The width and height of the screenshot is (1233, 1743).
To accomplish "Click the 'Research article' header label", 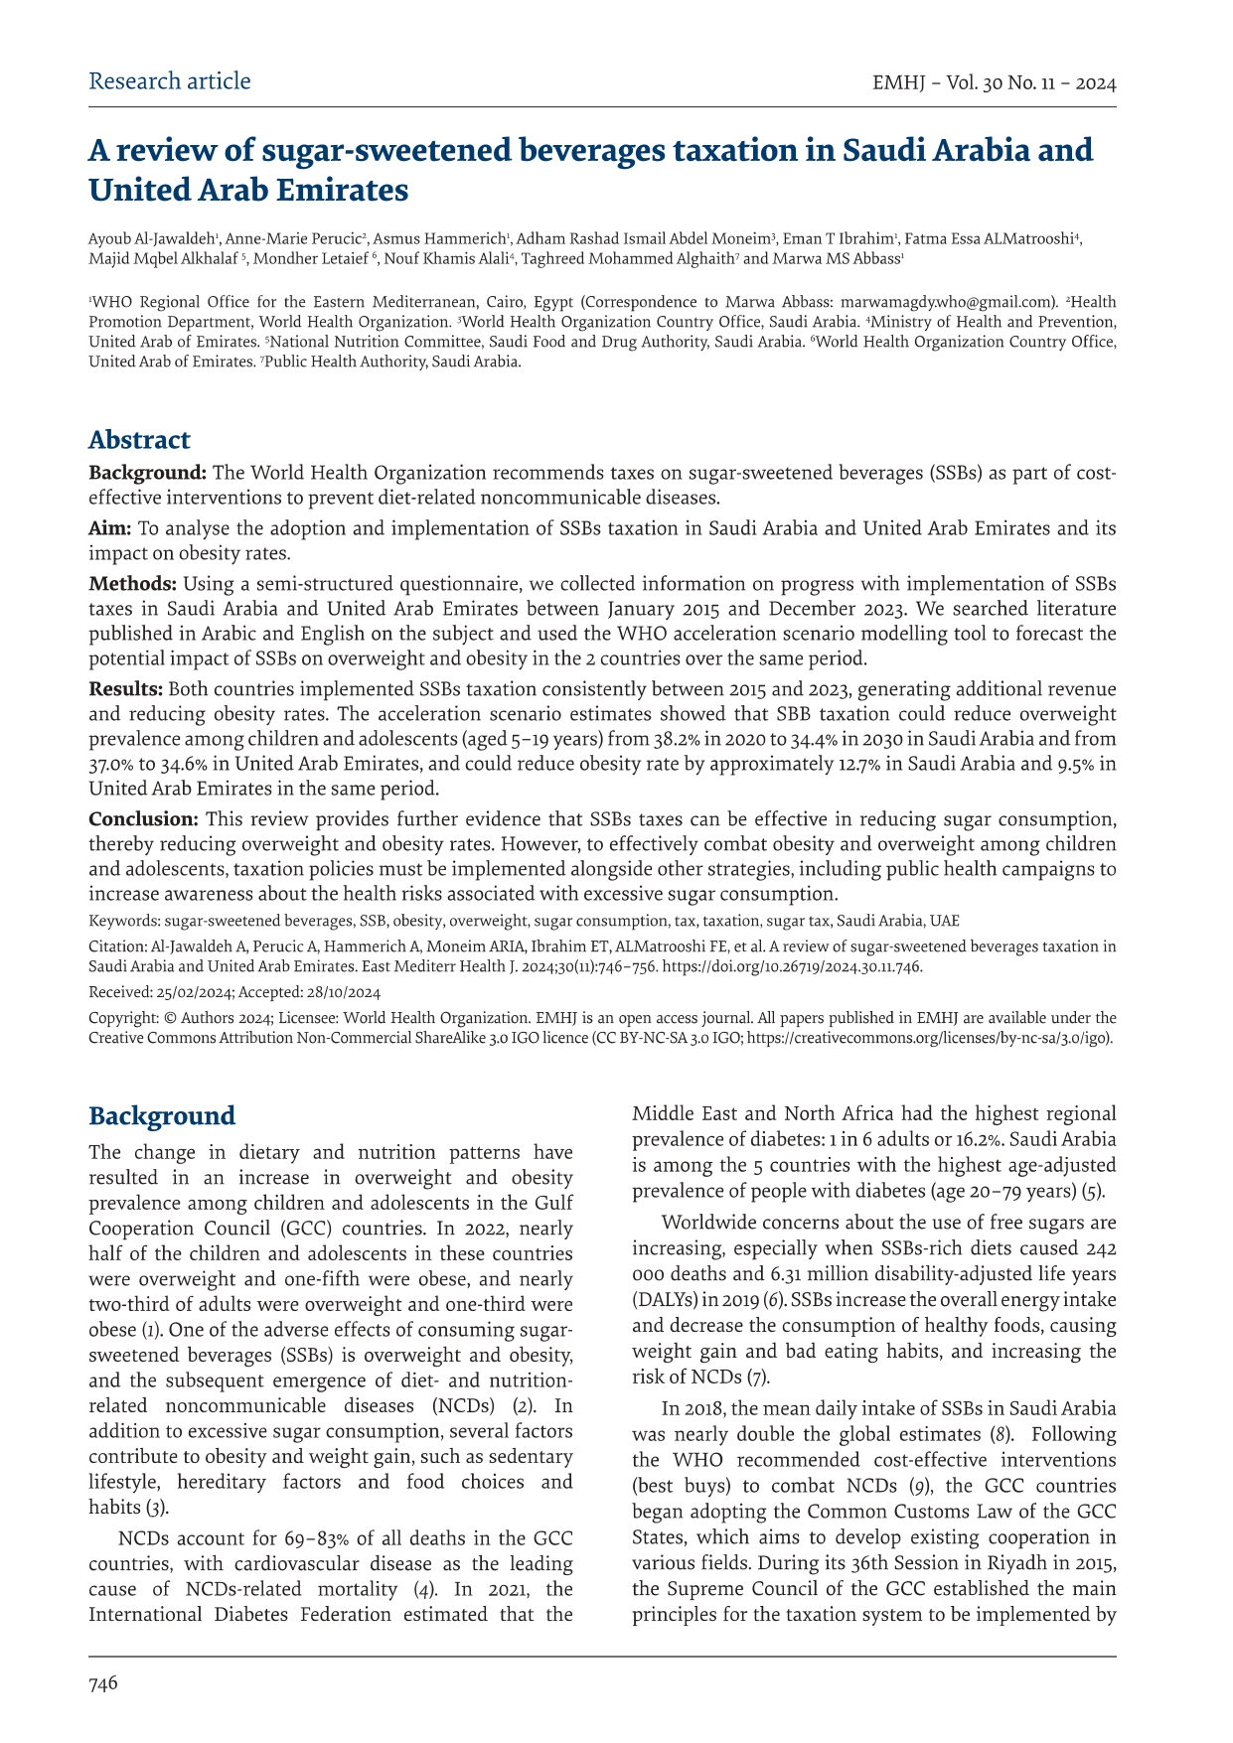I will (x=169, y=81).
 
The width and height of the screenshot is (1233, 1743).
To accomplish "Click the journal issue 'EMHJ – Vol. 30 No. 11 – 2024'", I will (x=994, y=83).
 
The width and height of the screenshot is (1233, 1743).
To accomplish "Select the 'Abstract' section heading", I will (x=139, y=440).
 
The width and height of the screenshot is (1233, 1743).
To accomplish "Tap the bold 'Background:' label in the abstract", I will (x=148, y=473).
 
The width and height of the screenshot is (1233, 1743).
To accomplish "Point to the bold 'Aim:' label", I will (x=110, y=528).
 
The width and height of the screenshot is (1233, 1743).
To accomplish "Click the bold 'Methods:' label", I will (x=133, y=583).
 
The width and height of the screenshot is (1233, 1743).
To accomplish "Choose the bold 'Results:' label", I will (x=126, y=689).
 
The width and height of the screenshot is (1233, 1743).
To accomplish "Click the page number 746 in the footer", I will (x=103, y=1682).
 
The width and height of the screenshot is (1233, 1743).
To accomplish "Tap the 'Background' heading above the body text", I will (x=162, y=1115).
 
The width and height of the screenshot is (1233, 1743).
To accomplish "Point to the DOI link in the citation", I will (x=792, y=966).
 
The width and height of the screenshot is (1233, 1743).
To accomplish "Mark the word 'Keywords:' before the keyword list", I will (x=124, y=921).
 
